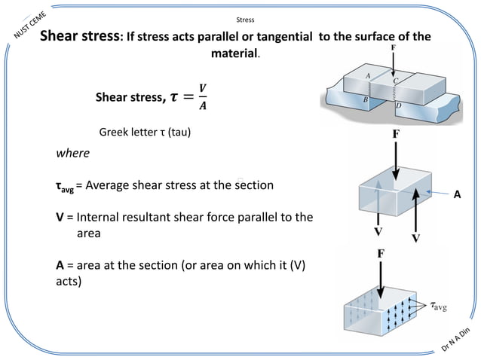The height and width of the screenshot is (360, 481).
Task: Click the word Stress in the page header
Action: pos(245,20)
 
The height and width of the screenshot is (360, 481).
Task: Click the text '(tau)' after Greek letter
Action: pos(178,133)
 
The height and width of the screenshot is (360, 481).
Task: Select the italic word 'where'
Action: pos(73,153)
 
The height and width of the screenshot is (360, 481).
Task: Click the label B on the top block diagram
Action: pos(365,99)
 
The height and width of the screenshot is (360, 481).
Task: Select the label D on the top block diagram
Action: pos(397,105)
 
